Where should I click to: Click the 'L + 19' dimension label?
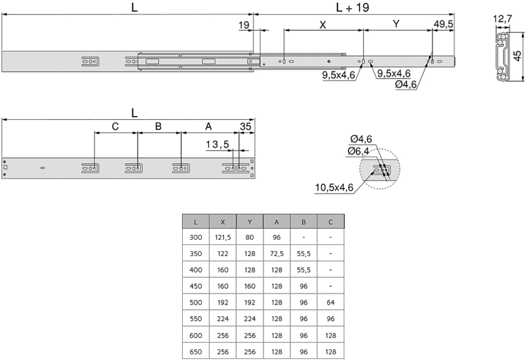(353, 7)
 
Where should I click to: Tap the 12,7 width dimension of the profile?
(502, 18)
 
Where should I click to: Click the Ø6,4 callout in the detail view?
(358, 151)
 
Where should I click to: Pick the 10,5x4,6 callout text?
(335, 187)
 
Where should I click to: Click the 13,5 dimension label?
(217, 145)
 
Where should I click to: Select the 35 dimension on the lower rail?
(245, 126)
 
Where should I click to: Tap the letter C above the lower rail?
(115, 126)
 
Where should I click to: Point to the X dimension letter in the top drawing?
(323, 25)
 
